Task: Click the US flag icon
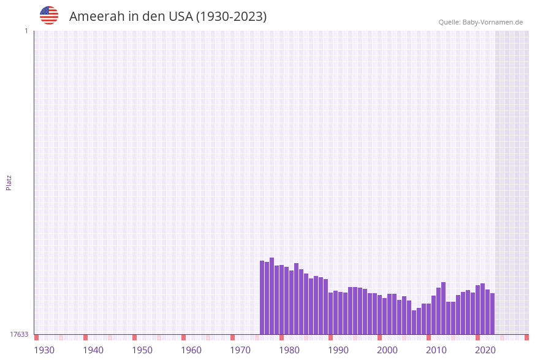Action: point(49,15)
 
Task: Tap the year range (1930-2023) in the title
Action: point(231,17)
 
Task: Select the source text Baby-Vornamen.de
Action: point(492,22)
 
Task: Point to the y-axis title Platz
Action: point(9,182)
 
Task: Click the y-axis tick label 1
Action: point(26,31)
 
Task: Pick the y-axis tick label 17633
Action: point(19,334)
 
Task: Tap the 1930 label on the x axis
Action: point(44,350)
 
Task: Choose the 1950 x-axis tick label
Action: point(142,350)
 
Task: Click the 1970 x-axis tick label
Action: point(240,350)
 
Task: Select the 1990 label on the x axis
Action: point(338,350)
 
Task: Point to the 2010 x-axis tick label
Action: point(436,350)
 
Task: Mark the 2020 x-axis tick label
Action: point(485,350)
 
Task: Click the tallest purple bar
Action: point(272,296)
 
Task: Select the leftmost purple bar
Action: point(262,297)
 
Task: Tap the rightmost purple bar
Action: point(492,313)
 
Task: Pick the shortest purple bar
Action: point(414,322)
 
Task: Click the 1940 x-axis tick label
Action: point(93,350)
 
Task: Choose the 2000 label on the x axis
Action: point(387,350)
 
